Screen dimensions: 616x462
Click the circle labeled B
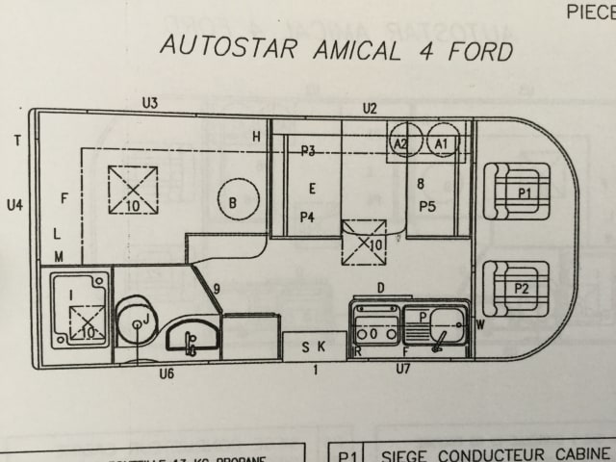(x=232, y=202)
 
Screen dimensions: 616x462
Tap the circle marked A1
(x=443, y=142)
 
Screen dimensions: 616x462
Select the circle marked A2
(x=403, y=142)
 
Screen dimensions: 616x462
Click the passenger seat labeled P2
(x=517, y=286)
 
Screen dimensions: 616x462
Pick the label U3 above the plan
(x=149, y=102)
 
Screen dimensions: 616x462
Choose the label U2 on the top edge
(x=369, y=108)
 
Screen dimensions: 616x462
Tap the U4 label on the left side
(x=14, y=204)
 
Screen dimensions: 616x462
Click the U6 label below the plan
(x=167, y=373)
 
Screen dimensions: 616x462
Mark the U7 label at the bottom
(x=403, y=369)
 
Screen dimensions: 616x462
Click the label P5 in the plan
(x=427, y=206)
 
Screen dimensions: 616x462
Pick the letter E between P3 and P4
(x=312, y=188)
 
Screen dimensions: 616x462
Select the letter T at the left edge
(x=17, y=141)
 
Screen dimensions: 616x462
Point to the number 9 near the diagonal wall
(x=218, y=288)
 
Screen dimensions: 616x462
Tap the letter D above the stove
(x=380, y=287)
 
